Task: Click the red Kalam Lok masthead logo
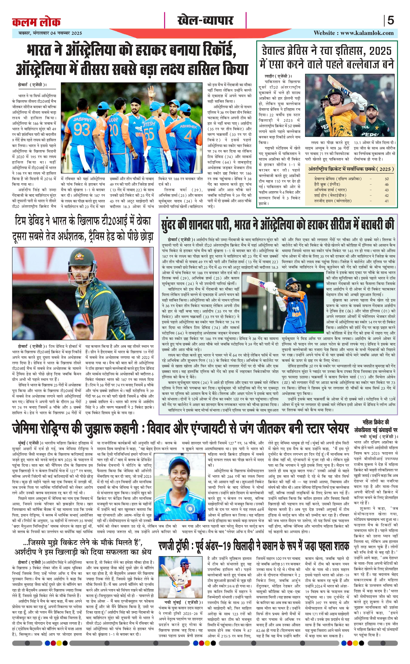click(x=36, y=22)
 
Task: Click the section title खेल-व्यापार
click(x=205, y=20)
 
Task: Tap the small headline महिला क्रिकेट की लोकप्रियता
click(x=376, y=426)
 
